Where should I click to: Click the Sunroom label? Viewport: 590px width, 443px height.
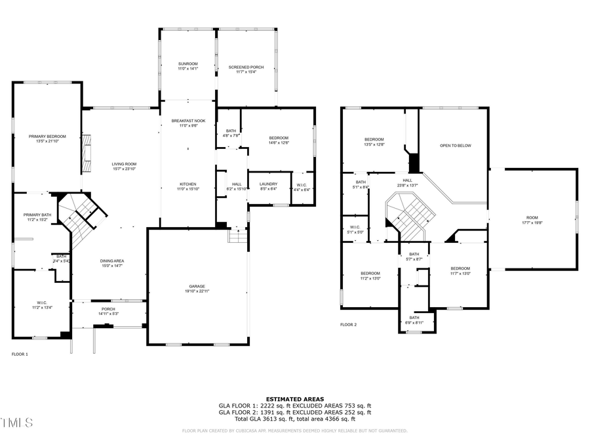click(x=188, y=64)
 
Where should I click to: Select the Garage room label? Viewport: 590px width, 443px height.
click(x=197, y=286)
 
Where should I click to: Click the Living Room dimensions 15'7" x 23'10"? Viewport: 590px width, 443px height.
click(x=123, y=169)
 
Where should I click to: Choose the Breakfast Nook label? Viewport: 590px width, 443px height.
click(x=188, y=121)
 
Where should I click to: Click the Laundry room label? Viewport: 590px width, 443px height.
click(x=268, y=184)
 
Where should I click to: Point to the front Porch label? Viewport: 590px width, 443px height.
click(x=108, y=309)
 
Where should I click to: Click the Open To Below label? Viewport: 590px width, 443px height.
click(x=455, y=146)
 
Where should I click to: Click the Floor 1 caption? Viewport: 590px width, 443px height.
click(x=20, y=354)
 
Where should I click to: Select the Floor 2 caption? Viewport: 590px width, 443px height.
click(x=348, y=325)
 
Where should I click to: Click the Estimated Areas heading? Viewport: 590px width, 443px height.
click(x=294, y=399)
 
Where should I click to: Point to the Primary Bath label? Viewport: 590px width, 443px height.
click(x=37, y=215)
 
